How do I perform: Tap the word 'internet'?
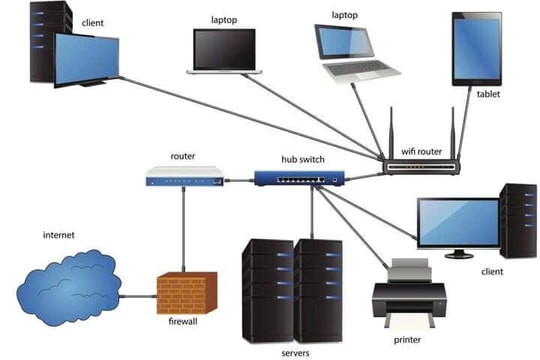click(x=59, y=235)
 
